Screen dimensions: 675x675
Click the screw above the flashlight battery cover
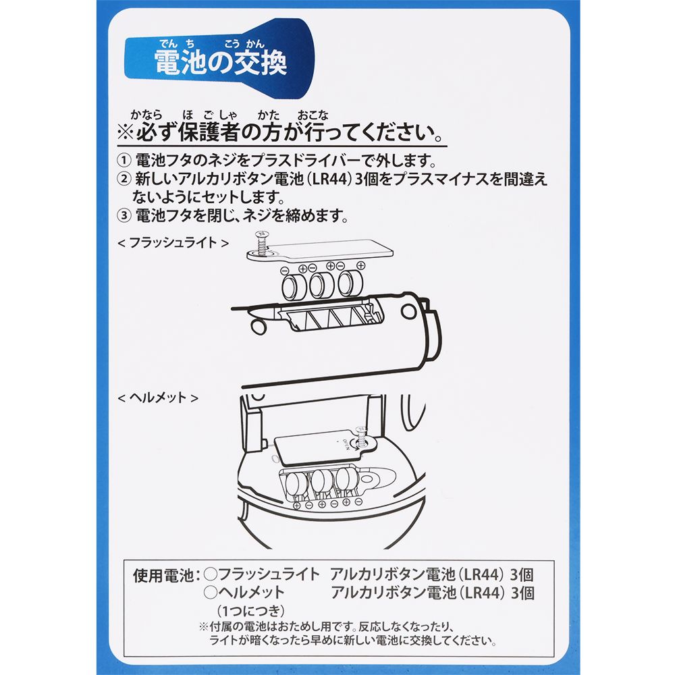(x=260, y=242)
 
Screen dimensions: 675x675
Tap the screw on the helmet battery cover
(x=360, y=437)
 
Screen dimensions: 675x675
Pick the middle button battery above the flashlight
(x=321, y=285)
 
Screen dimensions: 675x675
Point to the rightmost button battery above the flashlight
(x=350, y=283)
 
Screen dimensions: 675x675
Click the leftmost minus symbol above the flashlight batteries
(x=284, y=271)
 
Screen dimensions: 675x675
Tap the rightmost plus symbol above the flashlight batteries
(x=360, y=266)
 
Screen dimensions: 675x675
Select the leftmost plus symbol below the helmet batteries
(x=296, y=505)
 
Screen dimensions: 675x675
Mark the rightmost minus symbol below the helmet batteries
(x=358, y=501)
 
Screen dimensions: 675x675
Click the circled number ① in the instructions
(x=124, y=161)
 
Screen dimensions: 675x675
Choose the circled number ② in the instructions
(x=124, y=179)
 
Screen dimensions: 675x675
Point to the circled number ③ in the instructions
(x=124, y=215)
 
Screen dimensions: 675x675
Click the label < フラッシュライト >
(x=173, y=243)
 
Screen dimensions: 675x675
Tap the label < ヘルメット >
(x=157, y=398)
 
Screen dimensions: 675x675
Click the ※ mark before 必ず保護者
(x=126, y=133)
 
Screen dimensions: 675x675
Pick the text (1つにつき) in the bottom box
(x=250, y=610)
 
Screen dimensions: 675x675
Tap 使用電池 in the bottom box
(x=163, y=575)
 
